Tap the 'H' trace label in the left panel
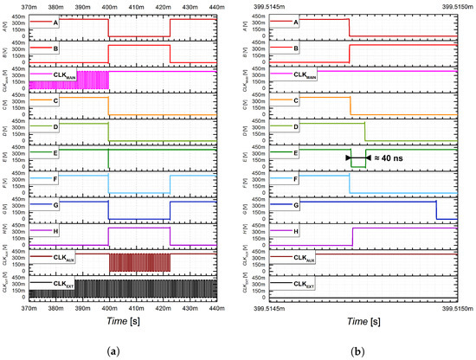pos(56,231)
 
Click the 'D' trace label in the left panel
pos(56,126)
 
